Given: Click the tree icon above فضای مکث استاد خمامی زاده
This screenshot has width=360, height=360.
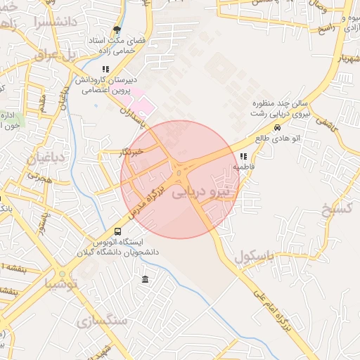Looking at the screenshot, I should pos(117,30).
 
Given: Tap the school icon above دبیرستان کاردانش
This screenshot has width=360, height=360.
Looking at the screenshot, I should pos(105,69).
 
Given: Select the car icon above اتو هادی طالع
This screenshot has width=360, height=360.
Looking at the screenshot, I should pos(278,128).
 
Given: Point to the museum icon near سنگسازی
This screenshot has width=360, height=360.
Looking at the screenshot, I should pos(145,279).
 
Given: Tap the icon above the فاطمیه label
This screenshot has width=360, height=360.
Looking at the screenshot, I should pos(243,156).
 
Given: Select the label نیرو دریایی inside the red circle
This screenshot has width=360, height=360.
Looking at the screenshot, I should pos(201,191).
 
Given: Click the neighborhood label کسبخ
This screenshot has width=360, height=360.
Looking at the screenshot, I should pos(335,210).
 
